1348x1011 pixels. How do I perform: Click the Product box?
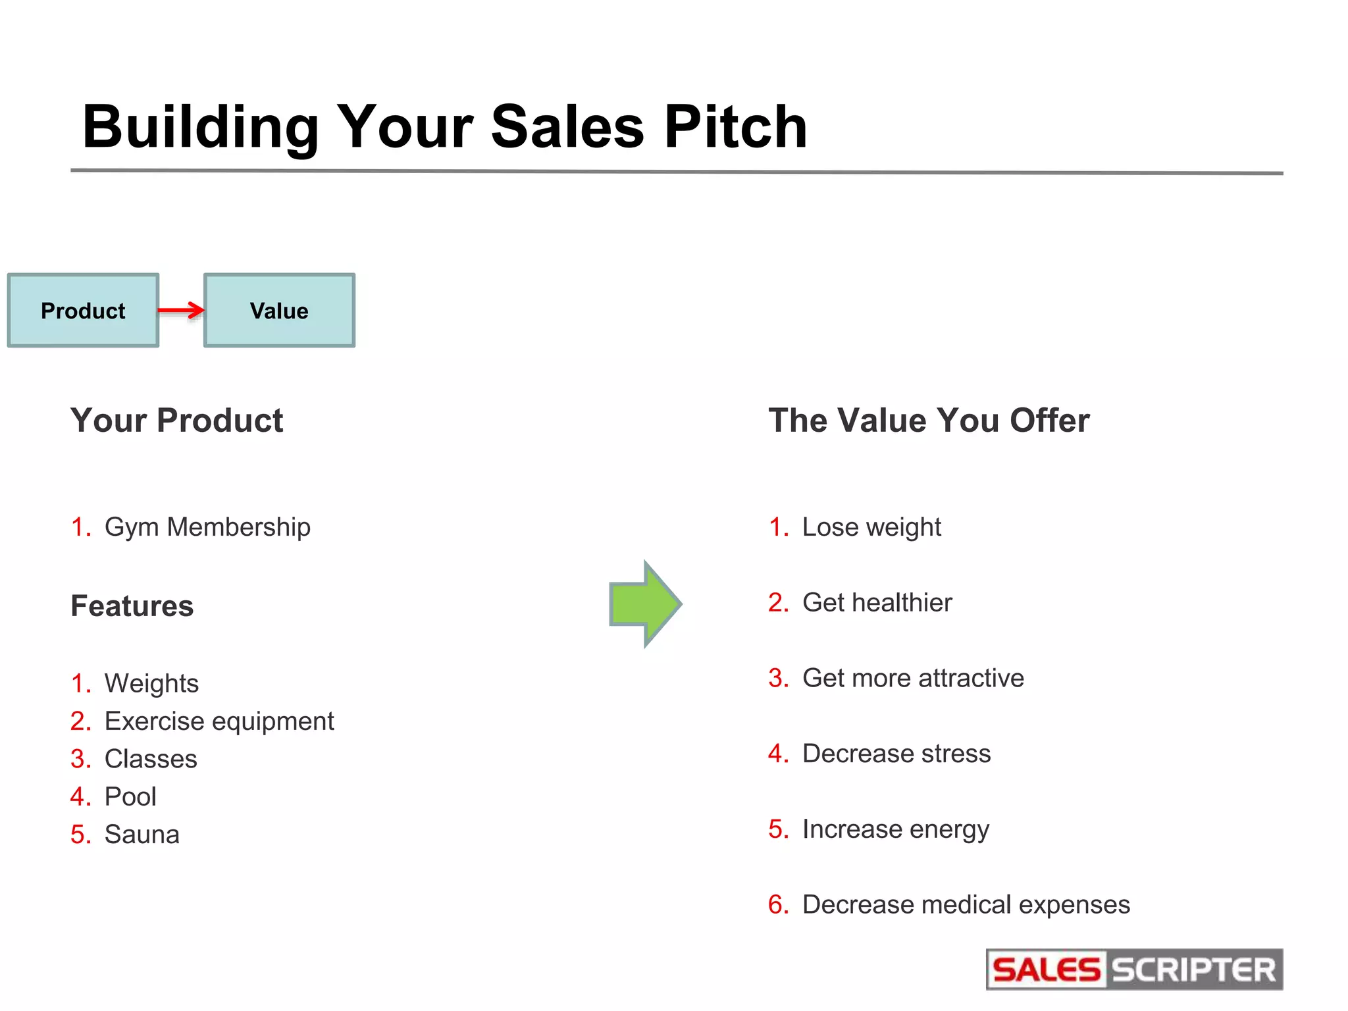83,310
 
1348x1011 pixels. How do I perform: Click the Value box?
279,310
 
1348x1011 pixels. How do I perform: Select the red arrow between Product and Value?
181,310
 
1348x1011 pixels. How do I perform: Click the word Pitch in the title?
735,126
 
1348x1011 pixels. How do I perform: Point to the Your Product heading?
176,421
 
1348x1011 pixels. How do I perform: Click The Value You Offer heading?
929,421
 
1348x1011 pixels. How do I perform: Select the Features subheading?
132,606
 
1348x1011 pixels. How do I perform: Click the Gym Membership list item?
207,527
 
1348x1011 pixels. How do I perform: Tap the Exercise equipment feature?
219,721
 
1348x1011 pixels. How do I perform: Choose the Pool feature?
130,797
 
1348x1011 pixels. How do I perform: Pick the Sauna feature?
142,835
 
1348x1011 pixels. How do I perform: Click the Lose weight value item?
871,527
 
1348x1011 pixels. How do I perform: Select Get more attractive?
913,678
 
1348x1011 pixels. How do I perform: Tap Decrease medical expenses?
966,905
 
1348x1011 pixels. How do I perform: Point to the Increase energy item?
895,829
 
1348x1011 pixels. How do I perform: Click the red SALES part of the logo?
1046,970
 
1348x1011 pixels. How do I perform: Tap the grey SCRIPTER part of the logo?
1193,970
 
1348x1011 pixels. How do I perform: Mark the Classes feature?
151,759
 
